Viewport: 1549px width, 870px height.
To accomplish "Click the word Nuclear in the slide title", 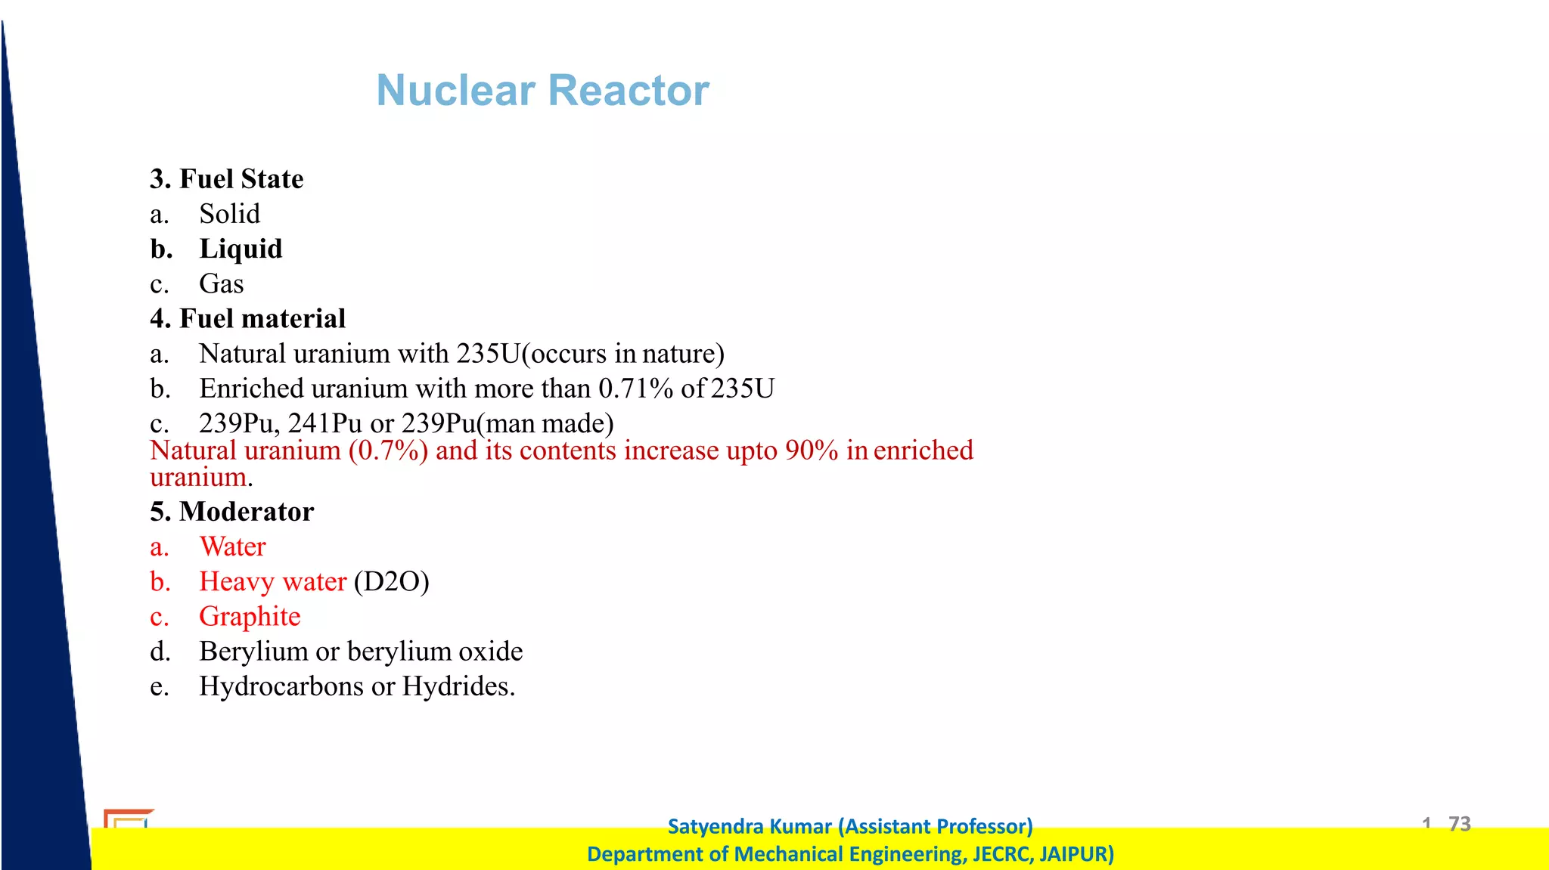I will [x=455, y=91].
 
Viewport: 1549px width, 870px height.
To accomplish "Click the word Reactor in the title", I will [x=629, y=91].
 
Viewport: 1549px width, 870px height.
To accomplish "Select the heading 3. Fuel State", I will [x=226, y=179].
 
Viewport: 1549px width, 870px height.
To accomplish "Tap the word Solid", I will [x=229, y=214].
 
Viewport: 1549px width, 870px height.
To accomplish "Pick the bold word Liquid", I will [x=241, y=249].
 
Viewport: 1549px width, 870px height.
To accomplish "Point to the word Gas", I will [x=221, y=284].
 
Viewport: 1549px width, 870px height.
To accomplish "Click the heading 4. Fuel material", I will [x=247, y=319].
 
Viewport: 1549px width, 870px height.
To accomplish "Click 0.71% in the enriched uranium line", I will [x=635, y=389].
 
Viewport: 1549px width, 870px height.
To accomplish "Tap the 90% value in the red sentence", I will [x=811, y=450].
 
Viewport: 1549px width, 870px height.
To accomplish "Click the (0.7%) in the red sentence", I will [x=388, y=450].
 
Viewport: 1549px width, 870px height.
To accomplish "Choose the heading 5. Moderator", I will [x=231, y=512].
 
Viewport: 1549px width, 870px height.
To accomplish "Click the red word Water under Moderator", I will [x=233, y=546].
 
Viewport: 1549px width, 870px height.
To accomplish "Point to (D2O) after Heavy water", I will [x=391, y=581].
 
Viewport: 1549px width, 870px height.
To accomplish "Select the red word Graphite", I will [x=250, y=617].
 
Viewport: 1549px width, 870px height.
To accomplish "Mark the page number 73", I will [x=1459, y=823].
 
